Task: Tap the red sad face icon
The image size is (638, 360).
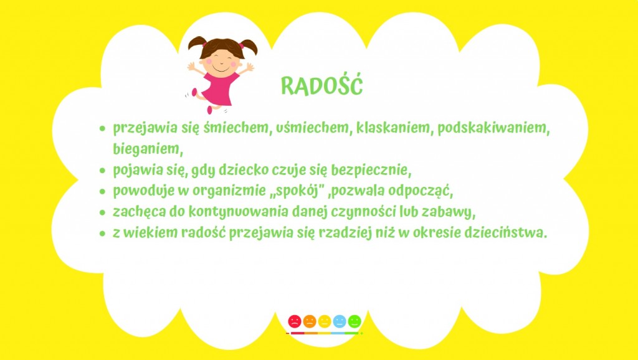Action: tap(295, 321)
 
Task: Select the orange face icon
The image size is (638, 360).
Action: tap(310, 321)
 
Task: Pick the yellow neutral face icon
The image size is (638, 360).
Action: tap(325, 321)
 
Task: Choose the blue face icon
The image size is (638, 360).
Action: tap(340, 321)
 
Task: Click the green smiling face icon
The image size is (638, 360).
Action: tap(355, 321)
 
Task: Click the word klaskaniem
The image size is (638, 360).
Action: tap(393, 128)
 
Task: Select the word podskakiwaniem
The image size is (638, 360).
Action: tap(493, 128)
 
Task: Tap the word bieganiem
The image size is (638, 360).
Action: tap(146, 149)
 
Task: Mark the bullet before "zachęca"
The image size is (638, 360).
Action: tap(102, 212)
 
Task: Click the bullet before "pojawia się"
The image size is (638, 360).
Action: tap(102, 171)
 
